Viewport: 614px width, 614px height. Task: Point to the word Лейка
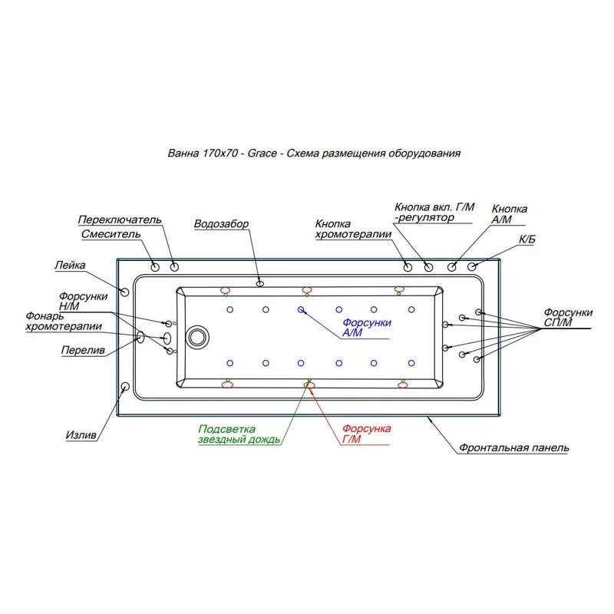tap(69, 266)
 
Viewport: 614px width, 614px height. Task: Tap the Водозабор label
tap(221, 224)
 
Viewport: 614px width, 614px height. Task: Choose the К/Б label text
tap(527, 240)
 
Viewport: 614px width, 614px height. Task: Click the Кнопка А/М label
tap(509, 213)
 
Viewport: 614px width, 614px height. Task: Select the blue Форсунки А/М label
tap(367, 328)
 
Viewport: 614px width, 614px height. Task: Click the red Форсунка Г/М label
tap(367, 433)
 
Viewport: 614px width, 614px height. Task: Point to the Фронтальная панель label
tap(514, 447)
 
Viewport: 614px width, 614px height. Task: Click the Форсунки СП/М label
tap(568, 317)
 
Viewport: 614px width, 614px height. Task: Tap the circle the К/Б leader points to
tap(473, 266)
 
